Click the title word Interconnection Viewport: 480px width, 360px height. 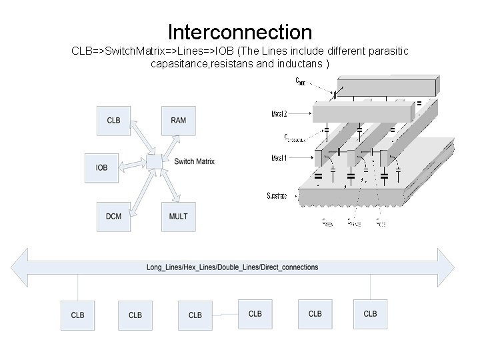(x=240, y=31)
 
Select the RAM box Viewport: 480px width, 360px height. (x=178, y=120)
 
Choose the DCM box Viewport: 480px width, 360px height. (x=113, y=216)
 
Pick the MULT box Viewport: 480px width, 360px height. (x=178, y=216)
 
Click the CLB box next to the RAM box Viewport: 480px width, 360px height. (x=113, y=120)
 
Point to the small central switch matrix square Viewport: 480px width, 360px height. (x=153, y=161)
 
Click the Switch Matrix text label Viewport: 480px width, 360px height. (x=194, y=161)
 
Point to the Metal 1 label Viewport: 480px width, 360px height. (x=279, y=158)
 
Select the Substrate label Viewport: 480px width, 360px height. (x=277, y=196)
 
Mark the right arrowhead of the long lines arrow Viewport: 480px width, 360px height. (x=445, y=267)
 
